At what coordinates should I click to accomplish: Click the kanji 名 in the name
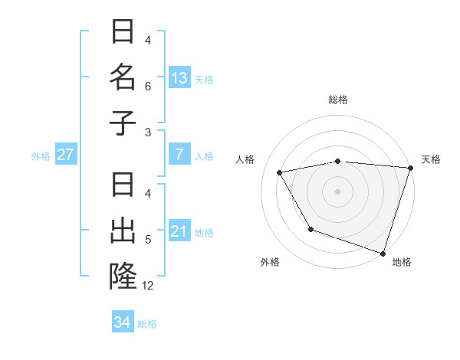123,77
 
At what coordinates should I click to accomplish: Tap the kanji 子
123,123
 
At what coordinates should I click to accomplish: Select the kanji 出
123,231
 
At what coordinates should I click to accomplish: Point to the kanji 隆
123,277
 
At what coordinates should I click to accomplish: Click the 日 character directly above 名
123,32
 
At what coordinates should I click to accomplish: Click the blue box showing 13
179,78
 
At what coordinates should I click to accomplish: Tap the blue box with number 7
179,155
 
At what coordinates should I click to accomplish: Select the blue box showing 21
179,231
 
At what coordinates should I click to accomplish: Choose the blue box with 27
66,155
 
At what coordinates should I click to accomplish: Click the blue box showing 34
123,322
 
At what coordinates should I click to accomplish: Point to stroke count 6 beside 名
148,87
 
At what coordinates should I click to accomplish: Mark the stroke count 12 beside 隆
148,286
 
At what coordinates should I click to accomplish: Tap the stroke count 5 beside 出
148,240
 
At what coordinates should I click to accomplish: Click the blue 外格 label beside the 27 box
41,156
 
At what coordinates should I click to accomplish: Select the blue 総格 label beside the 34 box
147,324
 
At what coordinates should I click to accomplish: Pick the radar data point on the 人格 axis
280,173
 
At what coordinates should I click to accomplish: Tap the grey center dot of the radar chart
337,191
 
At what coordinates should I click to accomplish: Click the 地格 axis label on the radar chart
402,263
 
